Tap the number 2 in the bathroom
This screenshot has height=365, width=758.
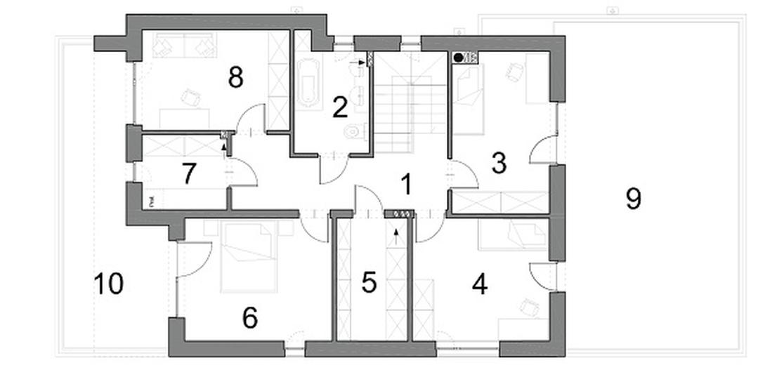340,107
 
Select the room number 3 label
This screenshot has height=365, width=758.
499,163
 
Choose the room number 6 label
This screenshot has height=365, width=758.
249,318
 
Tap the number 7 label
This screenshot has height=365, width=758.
188,173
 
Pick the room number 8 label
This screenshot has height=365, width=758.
235,77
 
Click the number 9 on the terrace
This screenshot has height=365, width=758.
633,199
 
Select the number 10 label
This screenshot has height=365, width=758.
108,284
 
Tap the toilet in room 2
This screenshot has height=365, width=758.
355,131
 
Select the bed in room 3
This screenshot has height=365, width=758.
468,98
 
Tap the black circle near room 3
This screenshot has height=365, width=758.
459,58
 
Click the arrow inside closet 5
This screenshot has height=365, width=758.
396,235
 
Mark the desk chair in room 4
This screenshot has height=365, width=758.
529,307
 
